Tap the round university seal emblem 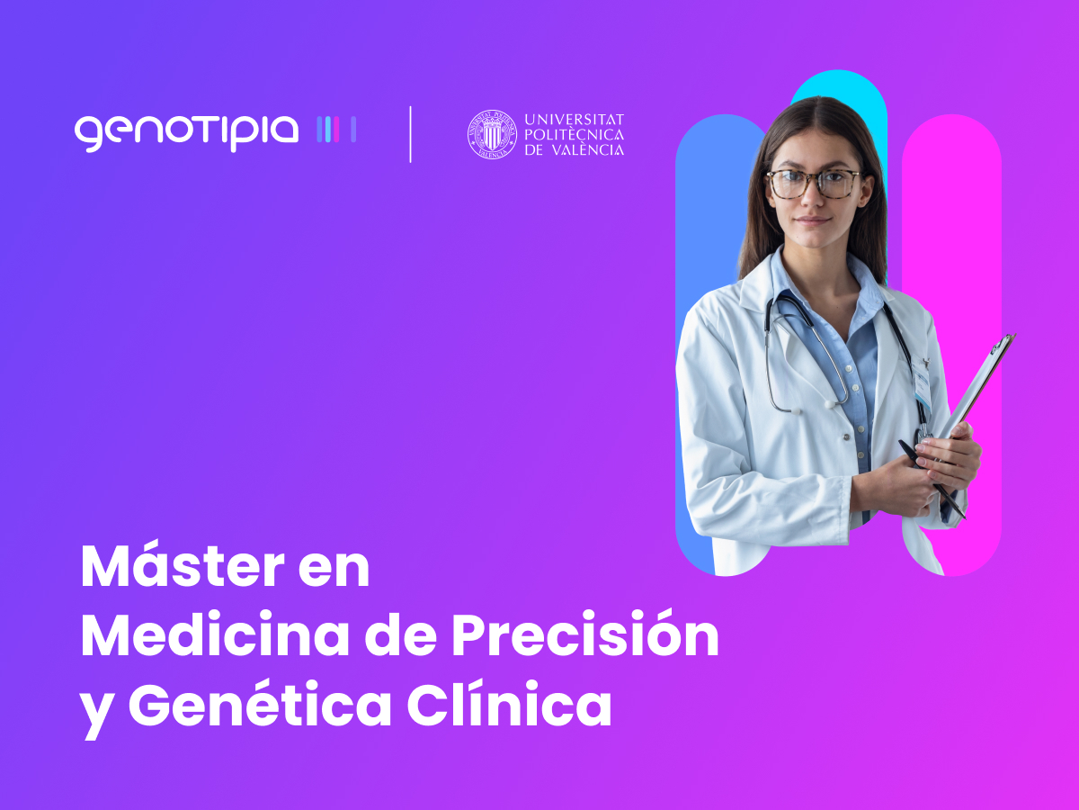[x=492, y=134]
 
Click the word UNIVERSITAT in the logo [x=575, y=120]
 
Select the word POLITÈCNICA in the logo [x=575, y=135]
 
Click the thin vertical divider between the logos [x=410, y=134]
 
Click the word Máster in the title [x=183, y=566]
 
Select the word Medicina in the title [x=216, y=634]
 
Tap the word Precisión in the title [x=585, y=634]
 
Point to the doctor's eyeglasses [x=815, y=184]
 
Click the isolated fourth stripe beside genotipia [x=353, y=130]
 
